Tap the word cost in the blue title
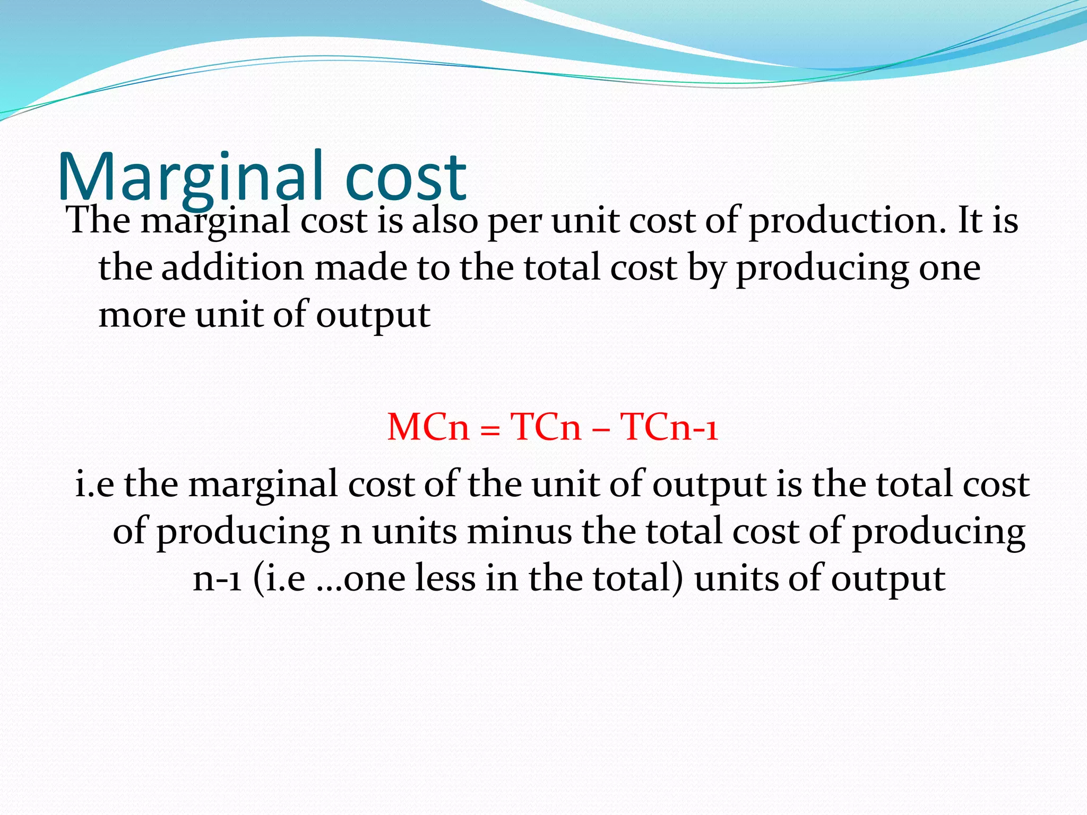point(406,178)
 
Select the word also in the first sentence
point(445,220)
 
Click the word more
point(142,315)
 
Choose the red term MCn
point(428,427)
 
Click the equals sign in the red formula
point(489,429)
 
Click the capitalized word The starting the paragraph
point(99,220)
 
